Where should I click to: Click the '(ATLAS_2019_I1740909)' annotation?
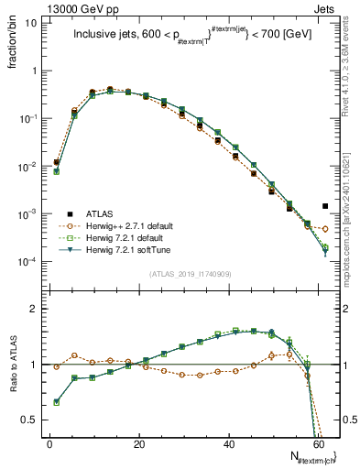(x=190, y=273)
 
